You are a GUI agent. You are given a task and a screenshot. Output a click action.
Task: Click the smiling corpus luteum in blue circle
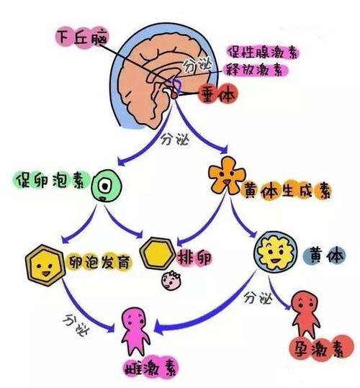point(274,251)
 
